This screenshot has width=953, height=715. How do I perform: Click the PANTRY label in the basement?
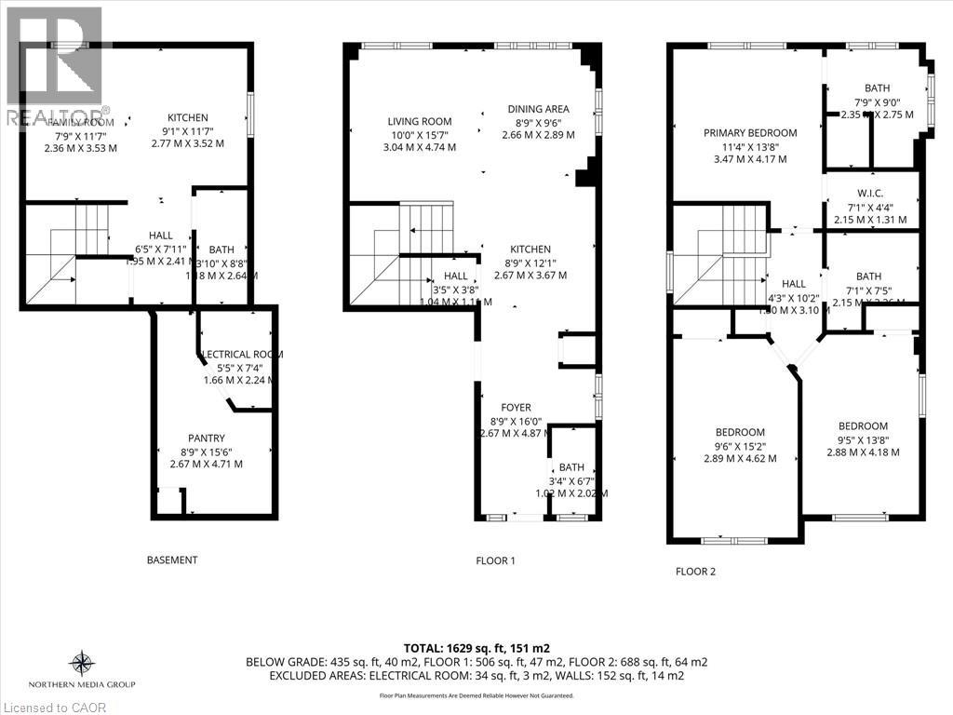[206, 438]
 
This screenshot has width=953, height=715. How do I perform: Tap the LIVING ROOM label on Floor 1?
[420, 122]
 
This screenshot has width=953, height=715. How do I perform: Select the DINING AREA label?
[538, 109]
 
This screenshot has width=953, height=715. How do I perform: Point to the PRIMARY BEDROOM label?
[750, 133]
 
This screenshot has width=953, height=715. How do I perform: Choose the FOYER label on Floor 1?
[516, 408]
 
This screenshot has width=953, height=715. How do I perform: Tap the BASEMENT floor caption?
[172, 560]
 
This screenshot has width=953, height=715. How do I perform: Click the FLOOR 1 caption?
[495, 560]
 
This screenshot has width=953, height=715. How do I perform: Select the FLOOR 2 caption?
[695, 572]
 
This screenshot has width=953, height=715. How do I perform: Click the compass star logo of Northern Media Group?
[82, 663]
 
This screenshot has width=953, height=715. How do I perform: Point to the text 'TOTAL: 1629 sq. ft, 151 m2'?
[476, 648]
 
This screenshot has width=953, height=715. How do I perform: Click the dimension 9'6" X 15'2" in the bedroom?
[740, 445]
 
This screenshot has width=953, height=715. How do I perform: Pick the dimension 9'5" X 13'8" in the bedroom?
[863, 439]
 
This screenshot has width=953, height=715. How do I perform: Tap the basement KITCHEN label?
[187, 118]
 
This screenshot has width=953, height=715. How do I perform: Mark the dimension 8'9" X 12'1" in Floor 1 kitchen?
[530, 263]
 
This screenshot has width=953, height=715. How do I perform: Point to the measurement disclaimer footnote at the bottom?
[476, 695]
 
